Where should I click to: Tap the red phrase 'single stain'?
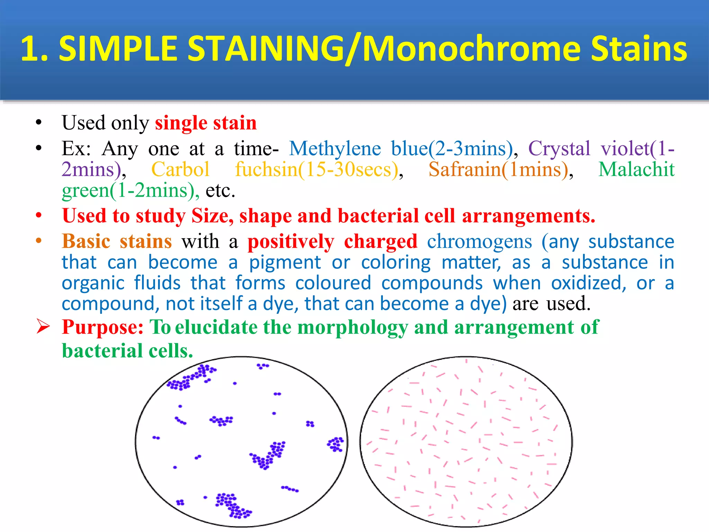pos(206,123)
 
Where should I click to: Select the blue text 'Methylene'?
pos(335,149)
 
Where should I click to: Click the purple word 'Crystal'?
pos(559,149)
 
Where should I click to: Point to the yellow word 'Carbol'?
pos(180,170)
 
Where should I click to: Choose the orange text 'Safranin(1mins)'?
pos(499,170)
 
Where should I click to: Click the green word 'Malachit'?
pos(636,170)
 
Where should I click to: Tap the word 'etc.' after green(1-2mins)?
pos(221,190)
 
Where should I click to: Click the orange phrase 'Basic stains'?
pos(117,241)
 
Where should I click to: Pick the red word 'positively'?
pos(291,241)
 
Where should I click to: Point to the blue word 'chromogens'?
pos(479,241)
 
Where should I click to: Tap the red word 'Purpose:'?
pos(102,327)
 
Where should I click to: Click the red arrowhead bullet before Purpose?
pos(43,327)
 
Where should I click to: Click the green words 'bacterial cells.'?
pos(127,351)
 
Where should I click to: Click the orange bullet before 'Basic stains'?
pos(39,241)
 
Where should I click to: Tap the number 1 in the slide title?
pos(30,49)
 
